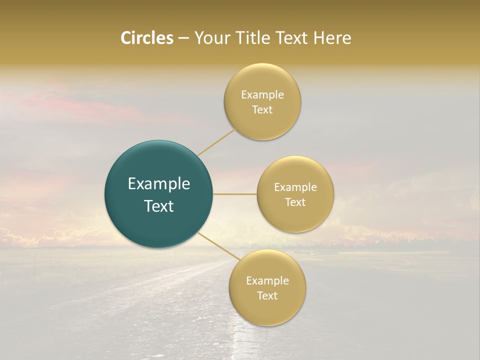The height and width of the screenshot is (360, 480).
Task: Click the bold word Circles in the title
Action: point(147,38)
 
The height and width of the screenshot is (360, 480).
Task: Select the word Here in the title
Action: point(331,38)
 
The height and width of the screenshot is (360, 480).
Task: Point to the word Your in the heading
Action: point(212,38)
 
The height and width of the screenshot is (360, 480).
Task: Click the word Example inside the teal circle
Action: point(159,184)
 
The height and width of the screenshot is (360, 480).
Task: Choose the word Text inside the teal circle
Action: point(159,205)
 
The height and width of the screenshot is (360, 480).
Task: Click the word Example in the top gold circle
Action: point(262,95)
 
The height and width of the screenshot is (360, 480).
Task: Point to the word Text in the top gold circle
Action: point(262,109)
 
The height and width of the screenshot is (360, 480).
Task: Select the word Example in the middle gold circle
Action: point(295,187)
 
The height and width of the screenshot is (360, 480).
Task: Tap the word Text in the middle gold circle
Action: point(295,202)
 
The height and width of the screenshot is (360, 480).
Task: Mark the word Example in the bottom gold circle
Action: point(267,281)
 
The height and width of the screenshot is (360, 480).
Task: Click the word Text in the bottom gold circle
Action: point(267,295)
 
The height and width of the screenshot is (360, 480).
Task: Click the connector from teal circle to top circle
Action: point(216,142)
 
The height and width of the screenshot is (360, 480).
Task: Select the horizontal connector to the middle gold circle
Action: point(235,194)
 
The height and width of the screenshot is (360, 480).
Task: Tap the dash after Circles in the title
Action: point(183,38)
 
